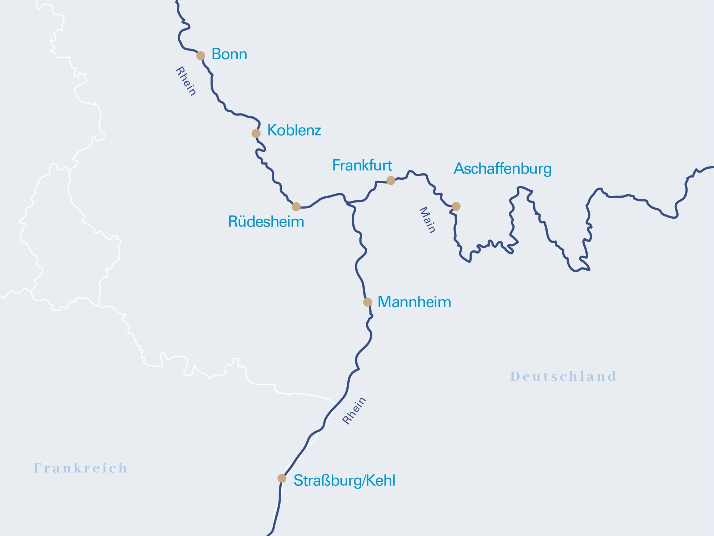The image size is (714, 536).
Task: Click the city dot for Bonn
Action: (x=201, y=56)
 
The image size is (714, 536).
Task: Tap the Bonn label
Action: (x=229, y=54)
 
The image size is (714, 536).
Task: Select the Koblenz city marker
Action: (x=256, y=133)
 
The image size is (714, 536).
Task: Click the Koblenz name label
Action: (x=294, y=130)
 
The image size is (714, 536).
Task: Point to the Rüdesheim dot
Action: (x=296, y=207)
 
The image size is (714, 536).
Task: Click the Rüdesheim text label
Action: (x=266, y=222)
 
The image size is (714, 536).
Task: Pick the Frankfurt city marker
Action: (x=391, y=180)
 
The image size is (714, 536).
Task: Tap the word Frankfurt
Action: (x=362, y=165)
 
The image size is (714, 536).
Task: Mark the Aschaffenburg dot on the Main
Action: (x=456, y=206)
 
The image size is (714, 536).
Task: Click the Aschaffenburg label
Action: (x=502, y=169)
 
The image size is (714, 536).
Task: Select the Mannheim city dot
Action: (x=368, y=302)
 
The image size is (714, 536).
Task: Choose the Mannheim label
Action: (x=414, y=302)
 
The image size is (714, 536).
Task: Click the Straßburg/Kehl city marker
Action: (x=282, y=478)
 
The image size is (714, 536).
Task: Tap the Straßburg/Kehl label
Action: (x=344, y=481)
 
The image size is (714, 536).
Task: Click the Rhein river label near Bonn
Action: (x=186, y=81)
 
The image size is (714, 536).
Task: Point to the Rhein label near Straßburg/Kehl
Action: (x=354, y=411)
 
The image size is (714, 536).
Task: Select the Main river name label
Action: (x=427, y=220)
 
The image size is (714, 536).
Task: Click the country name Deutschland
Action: (x=563, y=377)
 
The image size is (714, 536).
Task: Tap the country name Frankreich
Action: (x=80, y=468)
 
